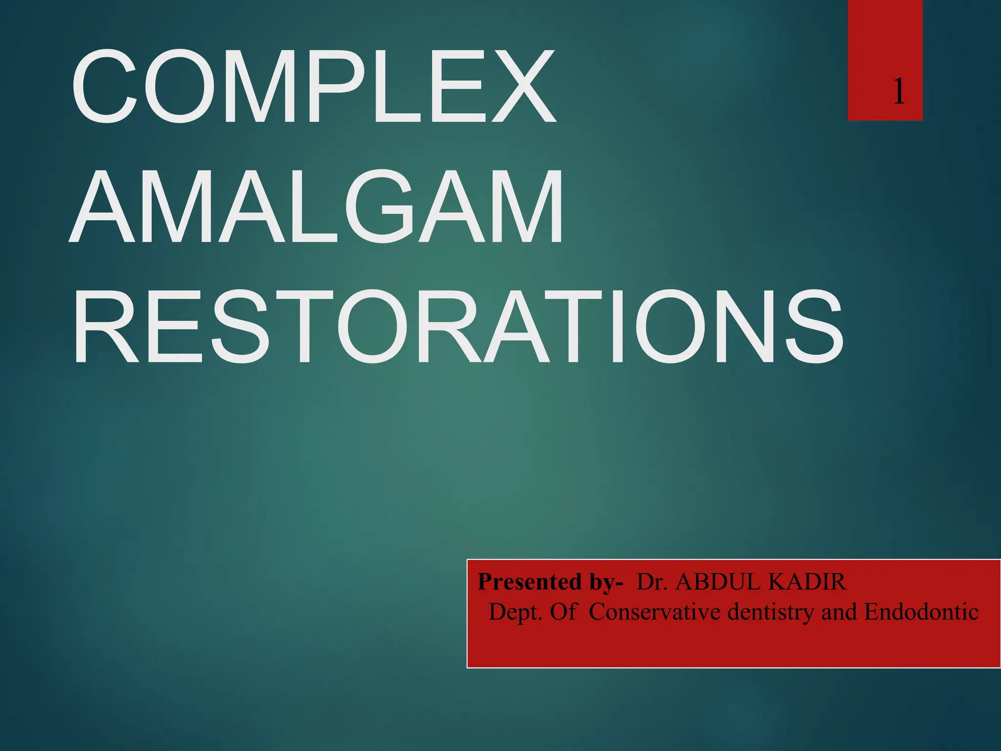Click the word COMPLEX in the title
click(x=313, y=87)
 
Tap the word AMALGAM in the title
click(x=317, y=207)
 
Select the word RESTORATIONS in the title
click(x=457, y=327)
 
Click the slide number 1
click(x=898, y=92)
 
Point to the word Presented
click(x=525, y=582)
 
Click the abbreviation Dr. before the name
click(x=652, y=582)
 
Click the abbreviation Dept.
click(x=516, y=612)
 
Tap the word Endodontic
click(x=921, y=612)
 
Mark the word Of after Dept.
click(x=563, y=612)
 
